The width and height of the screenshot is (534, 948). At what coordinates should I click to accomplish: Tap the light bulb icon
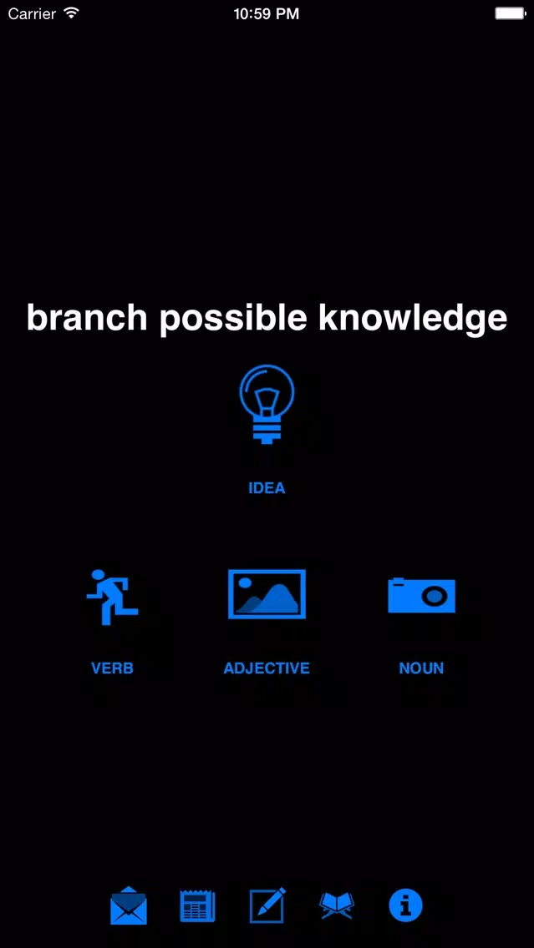[x=267, y=404]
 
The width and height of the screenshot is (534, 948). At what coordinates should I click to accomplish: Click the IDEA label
[x=267, y=488]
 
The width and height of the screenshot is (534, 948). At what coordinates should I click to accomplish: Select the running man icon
[x=112, y=597]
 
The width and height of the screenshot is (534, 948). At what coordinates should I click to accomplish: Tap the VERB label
[x=112, y=668]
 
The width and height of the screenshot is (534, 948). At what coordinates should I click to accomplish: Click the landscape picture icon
[x=267, y=593]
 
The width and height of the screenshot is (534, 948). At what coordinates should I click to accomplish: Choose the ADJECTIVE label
[x=267, y=668]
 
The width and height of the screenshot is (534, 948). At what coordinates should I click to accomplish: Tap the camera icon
[x=421, y=595]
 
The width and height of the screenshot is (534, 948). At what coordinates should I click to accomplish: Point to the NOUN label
[x=421, y=668]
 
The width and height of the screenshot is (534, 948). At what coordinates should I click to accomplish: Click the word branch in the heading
[x=87, y=317]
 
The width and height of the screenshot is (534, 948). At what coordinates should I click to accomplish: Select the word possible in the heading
[x=233, y=320]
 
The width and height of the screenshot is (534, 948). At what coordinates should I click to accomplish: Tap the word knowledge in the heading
[x=413, y=320]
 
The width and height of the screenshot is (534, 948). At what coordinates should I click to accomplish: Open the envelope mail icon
[x=129, y=905]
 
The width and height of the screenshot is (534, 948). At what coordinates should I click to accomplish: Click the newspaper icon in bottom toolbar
[x=197, y=905]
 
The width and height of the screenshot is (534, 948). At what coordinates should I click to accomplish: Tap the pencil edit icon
[x=268, y=905]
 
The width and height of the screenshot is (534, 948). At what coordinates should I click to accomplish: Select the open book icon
[x=337, y=905]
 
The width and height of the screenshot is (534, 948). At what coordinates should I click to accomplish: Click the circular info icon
[x=405, y=905]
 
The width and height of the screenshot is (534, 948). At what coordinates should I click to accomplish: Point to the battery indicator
[x=510, y=13]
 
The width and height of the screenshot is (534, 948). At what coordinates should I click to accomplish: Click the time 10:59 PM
[x=267, y=14]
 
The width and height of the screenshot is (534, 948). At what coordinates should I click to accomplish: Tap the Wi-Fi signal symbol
[x=71, y=13]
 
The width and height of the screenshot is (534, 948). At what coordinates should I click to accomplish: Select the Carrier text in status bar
[x=32, y=13]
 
